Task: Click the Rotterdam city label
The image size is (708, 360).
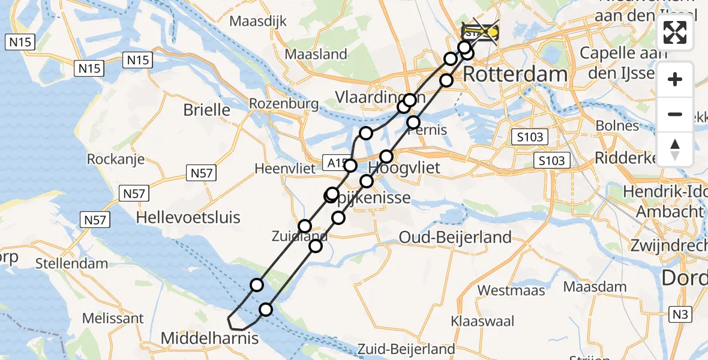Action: point(515,74)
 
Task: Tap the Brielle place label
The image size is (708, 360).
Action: point(207,110)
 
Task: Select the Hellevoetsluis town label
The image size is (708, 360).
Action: point(188,217)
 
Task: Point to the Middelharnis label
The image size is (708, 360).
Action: point(209,338)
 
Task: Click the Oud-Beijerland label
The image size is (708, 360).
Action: point(455,237)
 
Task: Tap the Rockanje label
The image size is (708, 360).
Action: point(116,159)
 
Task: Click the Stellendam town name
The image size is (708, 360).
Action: point(71,263)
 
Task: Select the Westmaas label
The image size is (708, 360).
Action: point(511,290)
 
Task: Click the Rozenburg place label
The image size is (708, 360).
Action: point(284,103)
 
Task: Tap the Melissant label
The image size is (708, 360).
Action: point(113,318)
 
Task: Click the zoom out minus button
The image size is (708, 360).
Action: point(675,114)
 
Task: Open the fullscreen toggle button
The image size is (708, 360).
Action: point(675,32)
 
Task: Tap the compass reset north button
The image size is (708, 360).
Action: point(675,149)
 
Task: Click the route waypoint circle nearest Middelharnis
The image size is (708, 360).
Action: point(265,310)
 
